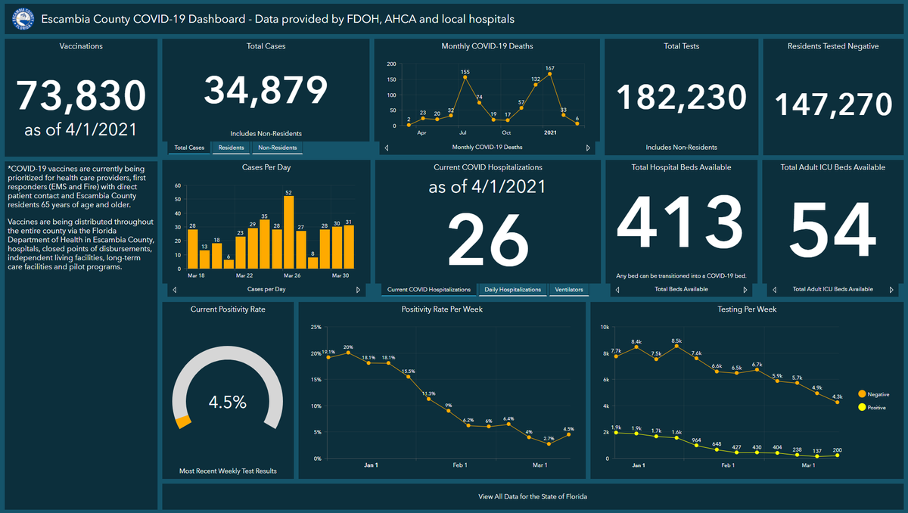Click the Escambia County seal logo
pyautogui.click(x=25, y=18)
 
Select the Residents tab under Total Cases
pyautogui.click(x=231, y=148)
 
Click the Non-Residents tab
pyautogui.click(x=278, y=148)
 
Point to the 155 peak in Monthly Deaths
pyautogui.click(x=465, y=76)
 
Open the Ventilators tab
pyautogui.click(x=568, y=290)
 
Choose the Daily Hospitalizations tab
pyautogui.click(x=513, y=290)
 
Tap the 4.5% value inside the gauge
pyautogui.click(x=228, y=403)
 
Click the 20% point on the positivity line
pyautogui.click(x=348, y=353)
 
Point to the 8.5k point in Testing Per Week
pyautogui.click(x=676, y=346)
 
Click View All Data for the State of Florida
pyautogui.click(x=533, y=497)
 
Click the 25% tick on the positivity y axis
pyautogui.click(x=316, y=328)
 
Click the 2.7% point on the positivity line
pyautogui.click(x=549, y=444)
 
